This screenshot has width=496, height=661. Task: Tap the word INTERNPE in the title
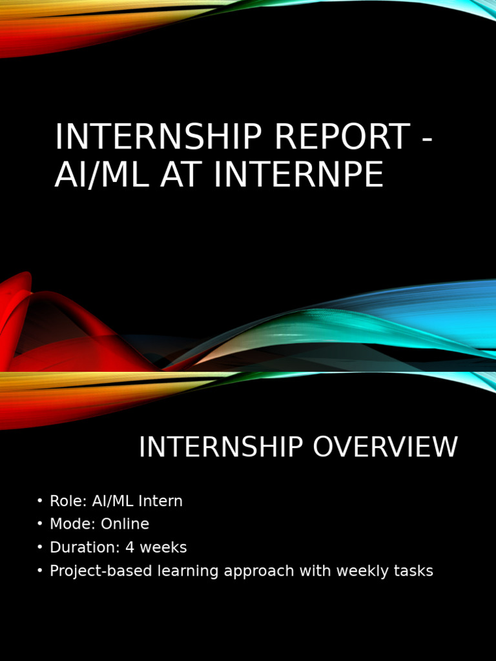[x=298, y=174]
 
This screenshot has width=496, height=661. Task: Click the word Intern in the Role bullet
[x=161, y=501]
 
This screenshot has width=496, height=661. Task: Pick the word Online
[x=125, y=524]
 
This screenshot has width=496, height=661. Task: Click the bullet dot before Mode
[x=40, y=524]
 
